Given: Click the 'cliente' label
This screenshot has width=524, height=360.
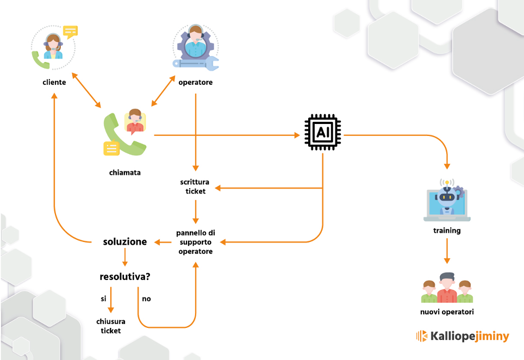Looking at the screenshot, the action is [x=54, y=82].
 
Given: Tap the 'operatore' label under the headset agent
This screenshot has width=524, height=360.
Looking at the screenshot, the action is [x=196, y=82].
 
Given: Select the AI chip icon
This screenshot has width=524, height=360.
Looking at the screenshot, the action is [x=323, y=132].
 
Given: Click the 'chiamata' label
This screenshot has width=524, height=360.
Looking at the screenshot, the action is [x=124, y=172].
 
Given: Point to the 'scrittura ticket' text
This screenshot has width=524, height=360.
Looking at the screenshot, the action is [x=195, y=187].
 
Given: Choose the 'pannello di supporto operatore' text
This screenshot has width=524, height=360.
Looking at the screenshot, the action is [x=196, y=242].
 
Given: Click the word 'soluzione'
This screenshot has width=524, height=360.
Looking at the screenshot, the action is [x=124, y=241].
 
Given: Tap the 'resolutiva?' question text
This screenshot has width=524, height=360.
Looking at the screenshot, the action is [x=125, y=276].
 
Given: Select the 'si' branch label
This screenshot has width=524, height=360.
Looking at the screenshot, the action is [x=104, y=299].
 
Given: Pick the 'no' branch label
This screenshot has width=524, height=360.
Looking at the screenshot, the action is [x=146, y=299].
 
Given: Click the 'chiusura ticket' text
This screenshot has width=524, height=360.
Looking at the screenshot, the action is [x=110, y=326].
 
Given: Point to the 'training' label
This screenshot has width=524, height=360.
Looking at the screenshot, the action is [x=447, y=231].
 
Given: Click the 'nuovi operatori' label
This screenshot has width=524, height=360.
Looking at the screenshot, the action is [x=447, y=312].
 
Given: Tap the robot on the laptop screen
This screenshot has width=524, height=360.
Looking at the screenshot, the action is [x=447, y=197].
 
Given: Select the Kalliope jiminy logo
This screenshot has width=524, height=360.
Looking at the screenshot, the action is [x=463, y=336].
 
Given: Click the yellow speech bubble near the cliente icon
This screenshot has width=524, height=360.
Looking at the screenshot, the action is [x=70, y=32].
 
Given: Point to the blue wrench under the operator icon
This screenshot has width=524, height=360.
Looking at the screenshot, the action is [x=196, y=63].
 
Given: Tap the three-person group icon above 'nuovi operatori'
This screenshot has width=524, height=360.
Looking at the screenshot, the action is [x=447, y=288].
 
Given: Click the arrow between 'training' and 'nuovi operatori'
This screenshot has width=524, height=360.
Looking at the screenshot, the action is [x=447, y=251].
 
